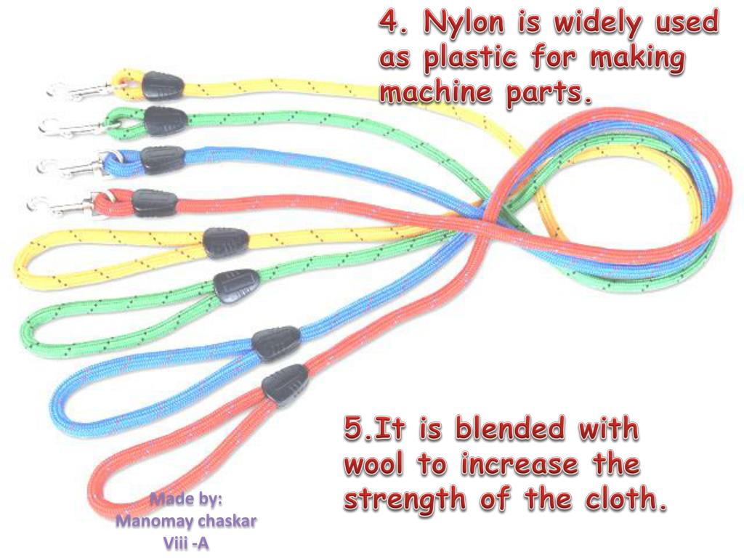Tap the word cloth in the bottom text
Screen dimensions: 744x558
click(x=626, y=500)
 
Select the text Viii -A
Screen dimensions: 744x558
click(x=187, y=542)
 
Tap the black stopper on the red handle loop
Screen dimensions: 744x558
click(x=285, y=382)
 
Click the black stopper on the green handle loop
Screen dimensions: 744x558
click(x=235, y=283)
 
